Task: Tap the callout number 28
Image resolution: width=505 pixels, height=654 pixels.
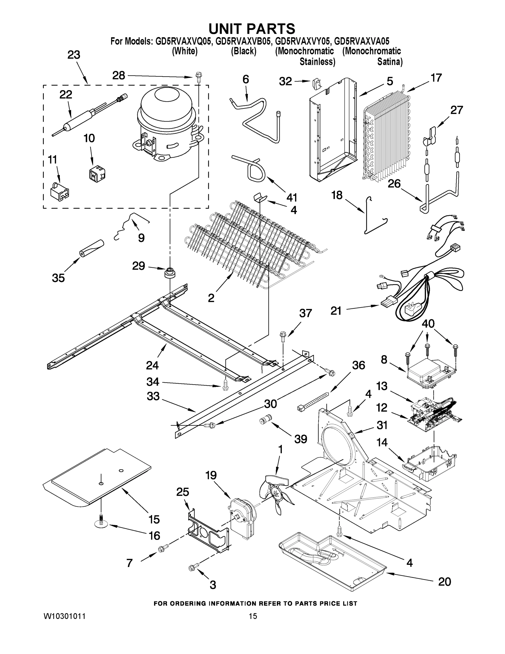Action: tap(118, 75)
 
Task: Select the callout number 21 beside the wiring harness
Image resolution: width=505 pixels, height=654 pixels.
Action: tap(336, 311)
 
